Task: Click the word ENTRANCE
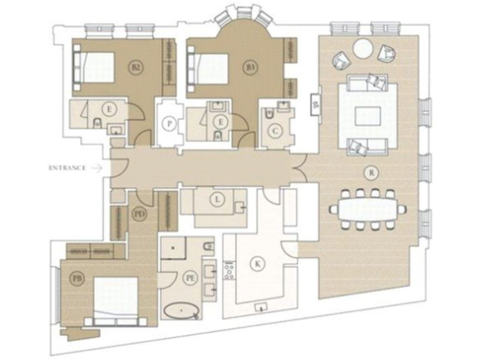pyautogui.click(x=66, y=167)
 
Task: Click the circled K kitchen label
pyautogui.click(x=257, y=264)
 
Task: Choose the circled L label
pyautogui.click(x=217, y=200)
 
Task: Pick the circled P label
pyautogui.click(x=169, y=124)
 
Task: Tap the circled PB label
pyautogui.click(x=77, y=279)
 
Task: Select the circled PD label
pyautogui.click(x=140, y=213)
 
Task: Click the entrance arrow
pyautogui.click(x=96, y=167)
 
